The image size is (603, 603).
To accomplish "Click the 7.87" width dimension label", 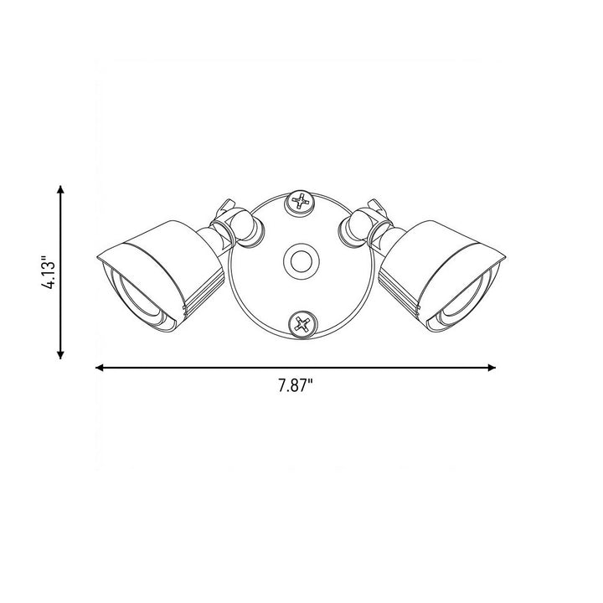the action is pos(296,385).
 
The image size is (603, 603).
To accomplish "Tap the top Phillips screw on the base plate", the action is pos(301,202).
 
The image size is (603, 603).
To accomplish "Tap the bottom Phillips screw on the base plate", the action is pos(302,325).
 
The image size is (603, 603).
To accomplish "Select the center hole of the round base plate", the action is pos(301,261).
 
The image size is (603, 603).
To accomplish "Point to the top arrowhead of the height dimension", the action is pos(60,189).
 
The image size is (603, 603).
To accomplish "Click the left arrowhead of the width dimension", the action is pos(100,368).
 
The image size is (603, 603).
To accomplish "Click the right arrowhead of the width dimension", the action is pos(491,368).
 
